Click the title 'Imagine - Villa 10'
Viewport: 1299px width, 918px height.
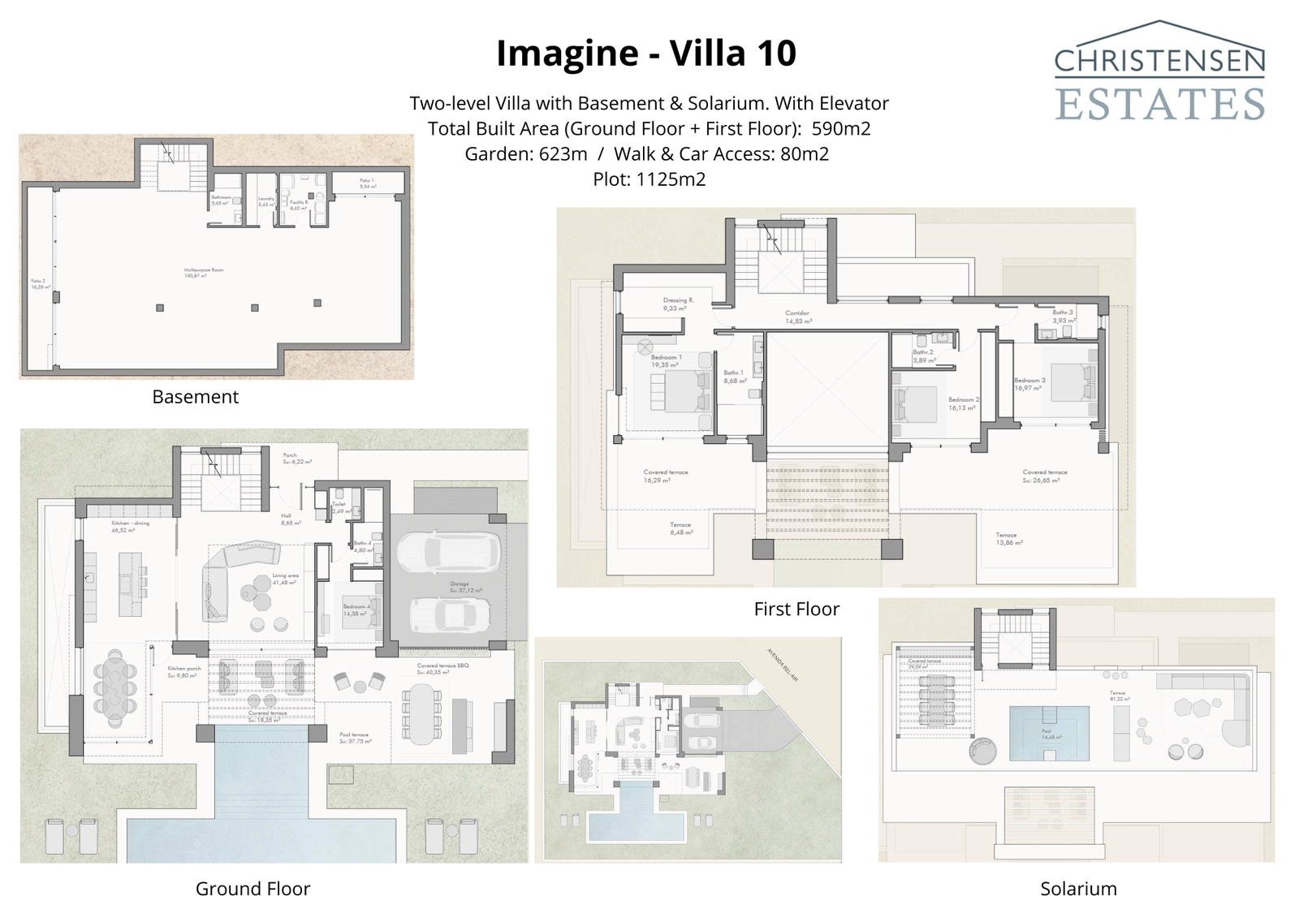pyautogui.click(x=646, y=54)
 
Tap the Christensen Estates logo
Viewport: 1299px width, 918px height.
pyautogui.click(x=1159, y=73)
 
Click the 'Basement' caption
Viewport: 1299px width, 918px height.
pyautogui.click(x=195, y=397)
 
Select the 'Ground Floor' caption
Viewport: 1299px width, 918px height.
pyautogui.click(x=252, y=889)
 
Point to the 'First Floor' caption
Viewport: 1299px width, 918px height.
pyautogui.click(x=796, y=609)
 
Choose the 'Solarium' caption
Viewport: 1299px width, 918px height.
pyautogui.click(x=1078, y=889)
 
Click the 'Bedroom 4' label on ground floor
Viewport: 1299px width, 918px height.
pyautogui.click(x=356, y=607)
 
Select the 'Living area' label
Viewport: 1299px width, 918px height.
pyautogui.click(x=285, y=575)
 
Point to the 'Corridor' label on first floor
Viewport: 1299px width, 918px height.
pyautogui.click(x=796, y=313)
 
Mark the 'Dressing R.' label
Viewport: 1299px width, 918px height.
pyautogui.click(x=678, y=300)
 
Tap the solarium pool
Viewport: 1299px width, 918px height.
pyautogui.click(x=1049, y=732)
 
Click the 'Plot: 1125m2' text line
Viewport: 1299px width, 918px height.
pyautogui.click(x=649, y=179)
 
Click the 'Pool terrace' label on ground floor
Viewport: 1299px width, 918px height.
pyautogui.click(x=354, y=735)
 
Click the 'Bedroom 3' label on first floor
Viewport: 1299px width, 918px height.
pyautogui.click(x=1029, y=381)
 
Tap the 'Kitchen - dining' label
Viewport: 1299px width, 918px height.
pyautogui.click(x=130, y=524)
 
